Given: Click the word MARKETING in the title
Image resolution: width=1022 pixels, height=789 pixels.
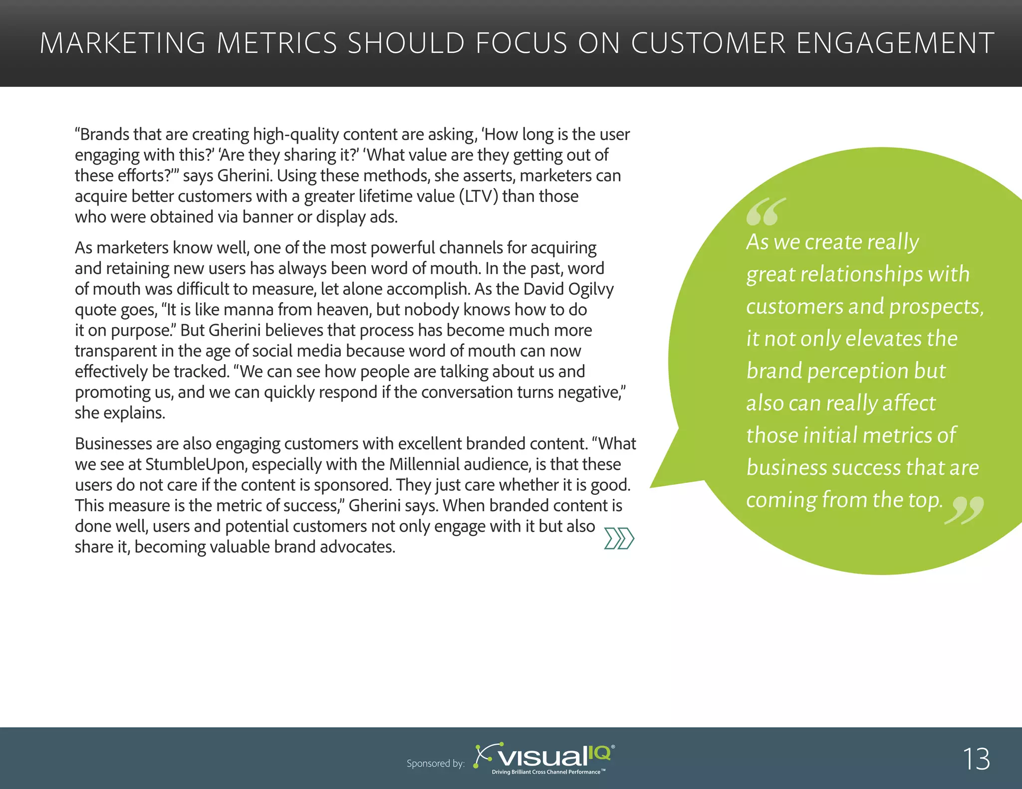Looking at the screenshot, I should [x=122, y=43].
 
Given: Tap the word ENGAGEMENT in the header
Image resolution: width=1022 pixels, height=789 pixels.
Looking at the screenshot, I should [x=895, y=43].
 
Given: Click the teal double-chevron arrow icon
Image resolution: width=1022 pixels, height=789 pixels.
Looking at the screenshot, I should [x=619, y=539].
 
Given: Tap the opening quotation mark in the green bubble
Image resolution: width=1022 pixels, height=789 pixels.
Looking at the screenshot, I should [x=766, y=211].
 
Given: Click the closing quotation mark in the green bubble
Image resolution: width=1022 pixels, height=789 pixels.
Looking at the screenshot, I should [x=964, y=510].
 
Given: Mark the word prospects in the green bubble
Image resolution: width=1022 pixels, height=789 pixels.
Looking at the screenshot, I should [x=936, y=307].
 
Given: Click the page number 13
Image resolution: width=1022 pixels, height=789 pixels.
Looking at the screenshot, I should [x=976, y=759].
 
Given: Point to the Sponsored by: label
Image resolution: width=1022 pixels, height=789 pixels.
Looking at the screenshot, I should [x=436, y=764].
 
